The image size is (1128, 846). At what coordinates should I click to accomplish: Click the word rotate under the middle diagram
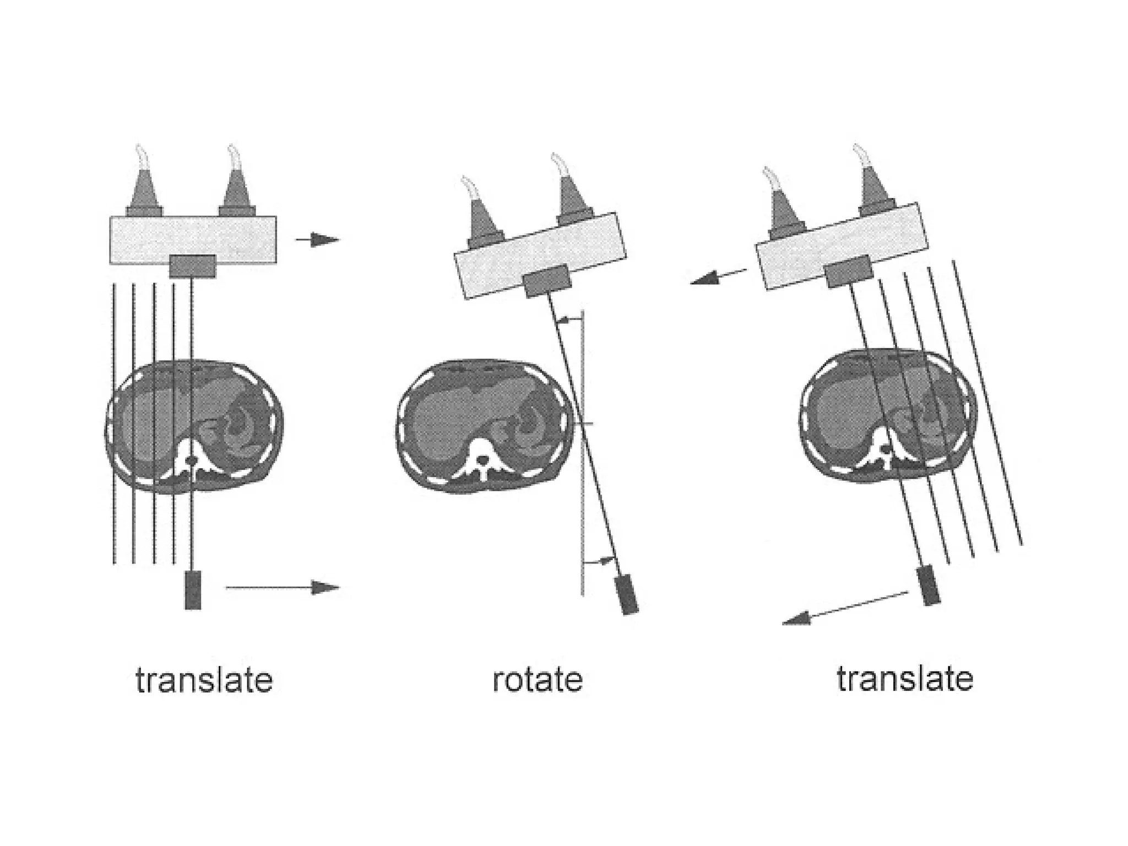coord(537,680)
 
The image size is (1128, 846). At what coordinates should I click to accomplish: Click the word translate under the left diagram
coord(204,681)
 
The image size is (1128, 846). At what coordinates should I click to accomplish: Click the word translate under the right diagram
coord(905,679)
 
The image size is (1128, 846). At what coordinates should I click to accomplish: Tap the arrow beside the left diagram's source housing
coord(318,240)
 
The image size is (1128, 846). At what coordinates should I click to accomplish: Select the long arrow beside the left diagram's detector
coord(283,588)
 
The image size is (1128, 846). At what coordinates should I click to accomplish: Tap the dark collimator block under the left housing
coord(192,266)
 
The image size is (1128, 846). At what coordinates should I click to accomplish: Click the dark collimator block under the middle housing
coord(546,281)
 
